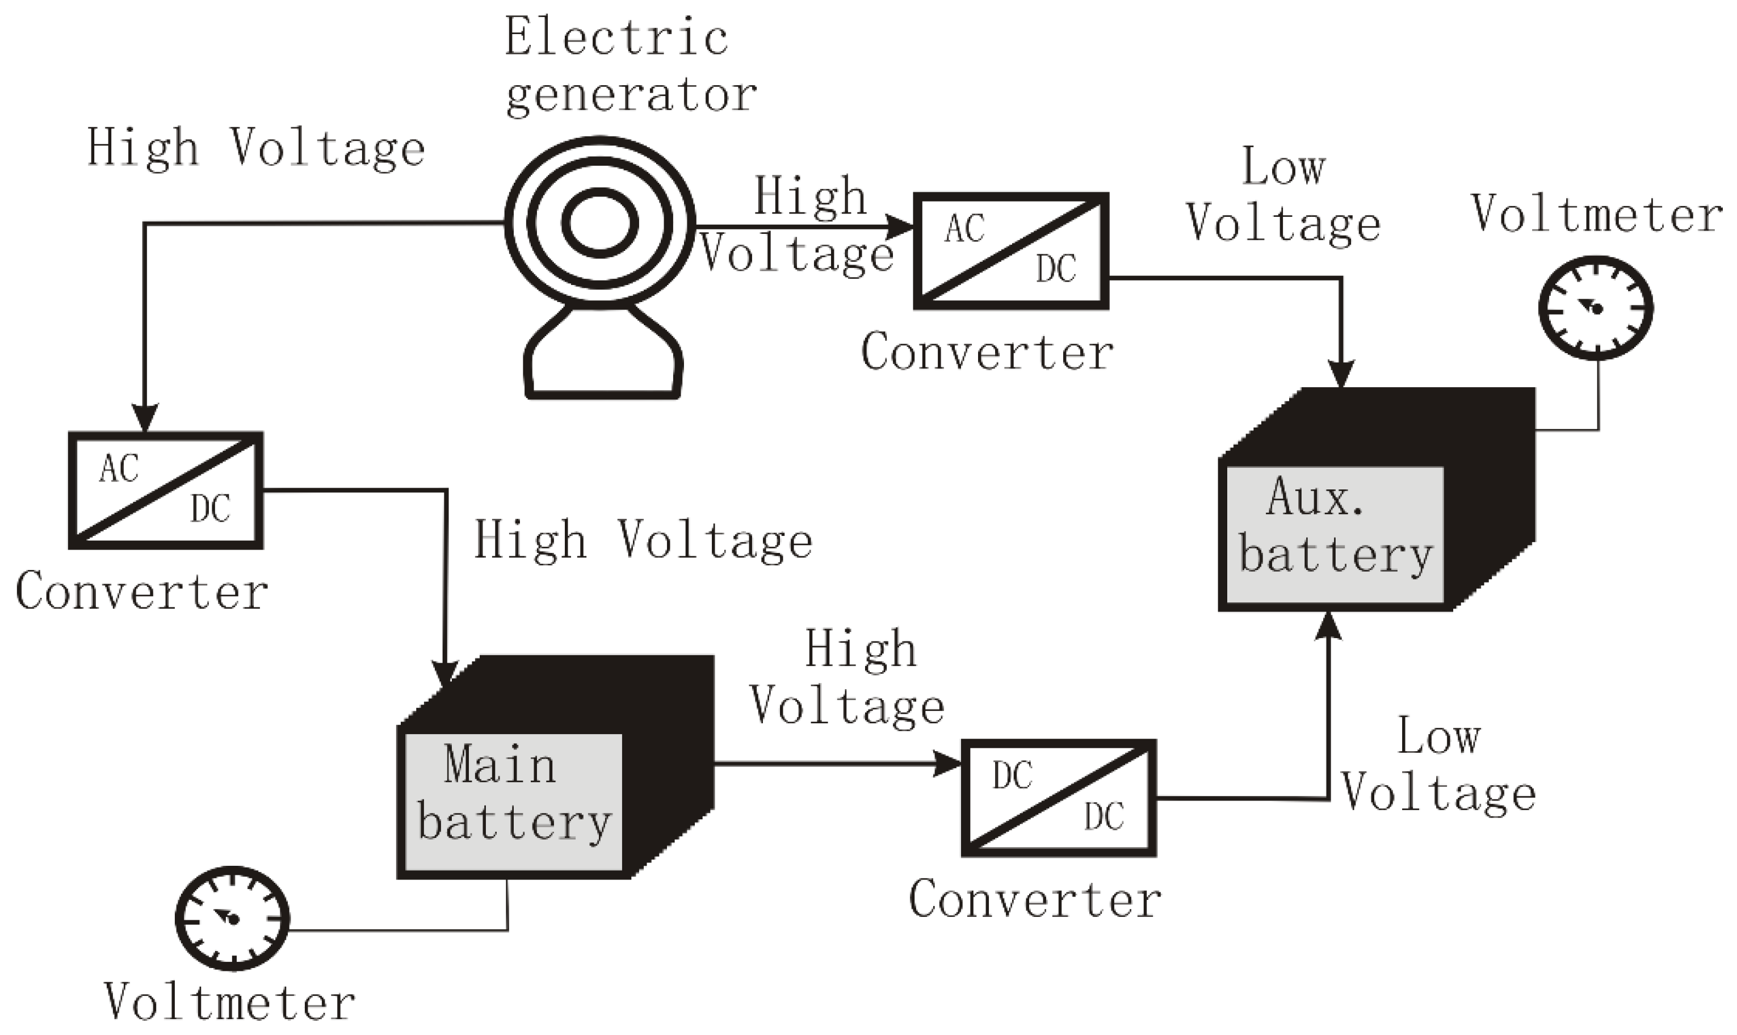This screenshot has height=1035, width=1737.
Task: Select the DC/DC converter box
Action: coord(1059,798)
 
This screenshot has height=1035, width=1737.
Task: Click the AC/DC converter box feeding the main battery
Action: coord(166,491)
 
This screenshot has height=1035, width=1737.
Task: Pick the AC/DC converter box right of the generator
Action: coord(1011,251)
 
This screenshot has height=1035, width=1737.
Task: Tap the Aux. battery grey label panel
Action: coord(1334,535)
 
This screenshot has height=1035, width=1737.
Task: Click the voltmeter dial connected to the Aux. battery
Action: coord(1596,308)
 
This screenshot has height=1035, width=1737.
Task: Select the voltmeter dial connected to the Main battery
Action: coord(232,919)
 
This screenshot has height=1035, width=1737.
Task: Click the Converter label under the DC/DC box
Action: coord(1035,900)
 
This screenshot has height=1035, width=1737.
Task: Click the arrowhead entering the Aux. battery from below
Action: coord(1328,626)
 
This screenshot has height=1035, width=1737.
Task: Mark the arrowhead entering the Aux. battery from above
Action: coord(1341,375)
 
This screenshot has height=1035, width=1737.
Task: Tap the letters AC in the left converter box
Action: coord(119,469)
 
